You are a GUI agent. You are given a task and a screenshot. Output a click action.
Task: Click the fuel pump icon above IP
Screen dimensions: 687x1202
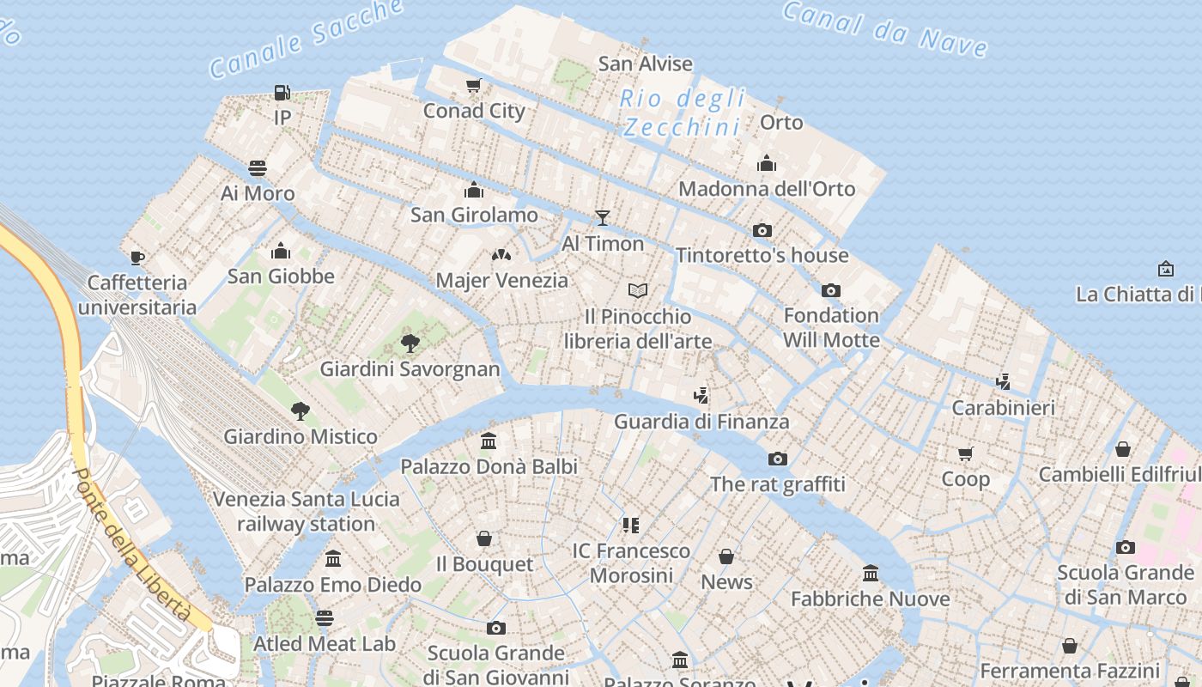(x=282, y=92)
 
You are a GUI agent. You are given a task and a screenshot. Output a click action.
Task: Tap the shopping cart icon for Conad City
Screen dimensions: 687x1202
(x=473, y=85)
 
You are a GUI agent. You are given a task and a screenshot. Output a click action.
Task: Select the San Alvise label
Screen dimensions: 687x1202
(x=645, y=64)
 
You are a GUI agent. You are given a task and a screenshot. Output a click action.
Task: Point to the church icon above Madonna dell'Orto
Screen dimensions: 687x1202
(x=767, y=163)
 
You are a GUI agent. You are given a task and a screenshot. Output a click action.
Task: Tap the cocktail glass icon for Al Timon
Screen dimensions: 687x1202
(x=603, y=218)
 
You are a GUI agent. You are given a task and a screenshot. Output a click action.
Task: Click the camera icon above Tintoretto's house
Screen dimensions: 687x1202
(x=762, y=230)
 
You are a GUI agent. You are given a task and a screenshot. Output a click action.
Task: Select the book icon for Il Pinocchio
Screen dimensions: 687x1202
(x=637, y=290)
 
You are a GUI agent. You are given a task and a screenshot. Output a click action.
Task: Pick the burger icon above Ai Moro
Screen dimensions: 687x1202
(x=258, y=167)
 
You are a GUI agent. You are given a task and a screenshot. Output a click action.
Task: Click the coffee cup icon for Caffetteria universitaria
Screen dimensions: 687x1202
(x=137, y=258)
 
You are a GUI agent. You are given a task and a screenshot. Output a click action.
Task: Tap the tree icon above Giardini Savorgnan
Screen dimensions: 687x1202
(x=410, y=343)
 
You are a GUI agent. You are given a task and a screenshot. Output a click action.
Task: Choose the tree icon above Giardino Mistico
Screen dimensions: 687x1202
(x=300, y=410)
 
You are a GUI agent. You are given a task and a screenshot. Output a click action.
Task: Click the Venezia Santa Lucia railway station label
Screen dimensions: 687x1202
(x=306, y=511)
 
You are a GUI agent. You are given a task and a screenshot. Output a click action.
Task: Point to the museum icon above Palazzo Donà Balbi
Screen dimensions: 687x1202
(x=489, y=441)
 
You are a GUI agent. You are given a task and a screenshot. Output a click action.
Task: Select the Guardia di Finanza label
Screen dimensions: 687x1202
(x=701, y=422)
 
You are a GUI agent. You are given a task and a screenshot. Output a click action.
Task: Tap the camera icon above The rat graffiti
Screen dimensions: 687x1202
(x=778, y=459)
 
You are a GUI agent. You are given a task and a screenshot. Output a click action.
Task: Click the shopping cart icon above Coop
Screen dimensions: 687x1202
(x=966, y=453)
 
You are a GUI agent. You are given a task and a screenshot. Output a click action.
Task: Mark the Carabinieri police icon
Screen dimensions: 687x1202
(x=1003, y=381)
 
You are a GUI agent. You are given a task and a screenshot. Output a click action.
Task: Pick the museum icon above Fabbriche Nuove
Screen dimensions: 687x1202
(x=871, y=573)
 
